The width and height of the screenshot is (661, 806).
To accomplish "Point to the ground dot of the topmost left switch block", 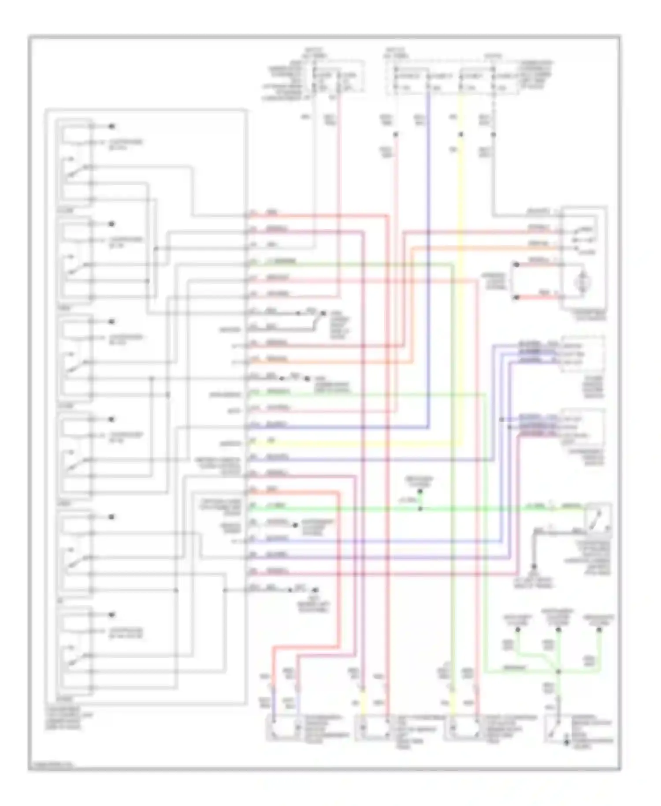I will point(112,127).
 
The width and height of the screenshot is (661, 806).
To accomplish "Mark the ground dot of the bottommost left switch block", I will point(112,615).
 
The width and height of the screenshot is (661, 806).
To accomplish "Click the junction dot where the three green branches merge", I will point(558,672).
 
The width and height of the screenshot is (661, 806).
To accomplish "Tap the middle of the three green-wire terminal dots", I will point(558,630).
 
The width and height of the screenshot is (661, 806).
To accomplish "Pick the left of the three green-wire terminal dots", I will point(518,630).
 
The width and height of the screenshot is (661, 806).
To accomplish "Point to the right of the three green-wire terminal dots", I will point(599,630).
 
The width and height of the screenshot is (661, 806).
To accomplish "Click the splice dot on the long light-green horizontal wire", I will point(420,509).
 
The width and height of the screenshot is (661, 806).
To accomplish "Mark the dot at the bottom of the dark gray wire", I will point(534,566).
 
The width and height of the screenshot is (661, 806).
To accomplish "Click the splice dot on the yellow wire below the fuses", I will point(461,134).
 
